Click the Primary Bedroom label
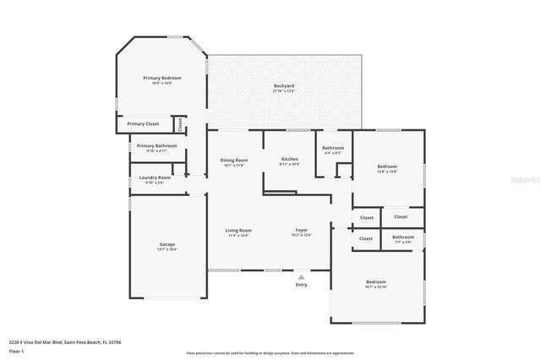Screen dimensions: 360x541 (x=161, y=78)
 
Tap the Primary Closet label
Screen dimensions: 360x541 (x=143, y=124)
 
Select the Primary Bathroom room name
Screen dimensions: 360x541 (x=156, y=145)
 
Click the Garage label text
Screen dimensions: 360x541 (x=167, y=244)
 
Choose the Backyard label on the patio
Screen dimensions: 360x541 (x=284, y=86)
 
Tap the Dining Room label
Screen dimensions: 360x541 (x=234, y=160)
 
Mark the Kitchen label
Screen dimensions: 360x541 (x=290, y=159)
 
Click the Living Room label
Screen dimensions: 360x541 (x=238, y=230)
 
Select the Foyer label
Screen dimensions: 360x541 (x=301, y=230)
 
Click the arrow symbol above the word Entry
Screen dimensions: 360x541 (x=302, y=275)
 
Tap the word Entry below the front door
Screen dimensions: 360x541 (x=302, y=285)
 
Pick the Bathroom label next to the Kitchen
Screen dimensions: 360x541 (x=333, y=148)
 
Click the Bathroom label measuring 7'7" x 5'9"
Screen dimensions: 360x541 (x=403, y=237)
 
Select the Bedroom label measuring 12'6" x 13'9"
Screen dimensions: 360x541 (x=388, y=166)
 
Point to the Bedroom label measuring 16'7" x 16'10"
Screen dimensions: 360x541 (x=376, y=281)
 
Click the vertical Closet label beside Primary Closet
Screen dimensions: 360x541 (x=180, y=123)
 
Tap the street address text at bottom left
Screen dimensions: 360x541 (x=65, y=341)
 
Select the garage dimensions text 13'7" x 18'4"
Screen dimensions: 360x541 (x=167, y=249)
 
